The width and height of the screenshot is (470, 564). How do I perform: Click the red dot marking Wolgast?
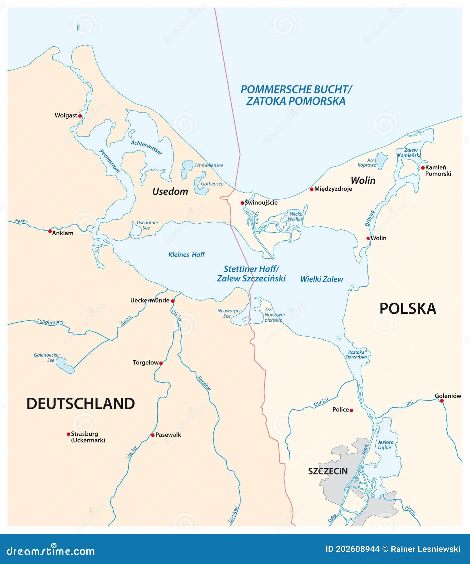(x=80, y=116)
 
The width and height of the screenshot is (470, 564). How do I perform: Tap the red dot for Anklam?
(x=50, y=231)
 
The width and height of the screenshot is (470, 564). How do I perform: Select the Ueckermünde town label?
(x=150, y=300)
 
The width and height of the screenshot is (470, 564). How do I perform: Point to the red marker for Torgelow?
(x=161, y=363)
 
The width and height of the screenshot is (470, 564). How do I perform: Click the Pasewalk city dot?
(x=153, y=435)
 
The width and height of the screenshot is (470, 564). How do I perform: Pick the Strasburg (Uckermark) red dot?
(x=68, y=434)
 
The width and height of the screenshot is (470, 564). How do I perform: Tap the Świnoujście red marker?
(x=242, y=203)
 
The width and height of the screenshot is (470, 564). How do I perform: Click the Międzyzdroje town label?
(x=333, y=189)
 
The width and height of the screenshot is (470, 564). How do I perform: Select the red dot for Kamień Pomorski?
(x=423, y=168)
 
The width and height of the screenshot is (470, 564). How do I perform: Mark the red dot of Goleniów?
(x=442, y=400)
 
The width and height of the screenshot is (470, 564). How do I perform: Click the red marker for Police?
(x=351, y=410)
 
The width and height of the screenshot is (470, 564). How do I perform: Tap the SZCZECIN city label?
(x=328, y=471)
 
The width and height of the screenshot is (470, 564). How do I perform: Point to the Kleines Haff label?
(x=186, y=255)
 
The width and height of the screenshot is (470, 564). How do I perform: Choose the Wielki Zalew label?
(x=322, y=279)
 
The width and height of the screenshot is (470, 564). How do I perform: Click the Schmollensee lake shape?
(x=187, y=166)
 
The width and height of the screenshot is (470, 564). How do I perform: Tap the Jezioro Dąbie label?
(x=385, y=445)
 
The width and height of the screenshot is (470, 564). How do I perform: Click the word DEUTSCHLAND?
(x=81, y=404)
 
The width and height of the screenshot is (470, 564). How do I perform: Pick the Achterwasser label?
(x=146, y=147)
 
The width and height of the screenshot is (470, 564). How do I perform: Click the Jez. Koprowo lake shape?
(x=381, y=160)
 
